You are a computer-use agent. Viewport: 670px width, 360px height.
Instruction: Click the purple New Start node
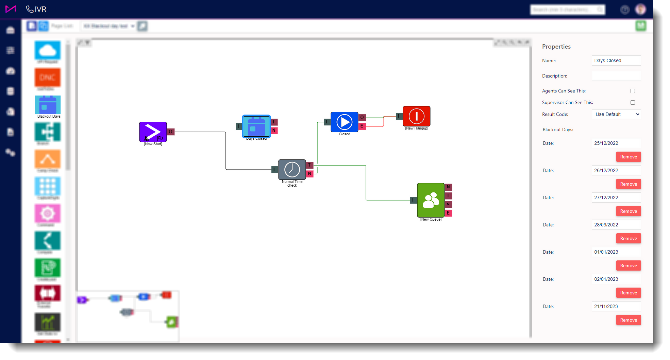(x=153, y=132)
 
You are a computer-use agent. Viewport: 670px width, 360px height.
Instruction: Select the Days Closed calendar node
(x=256, y=126)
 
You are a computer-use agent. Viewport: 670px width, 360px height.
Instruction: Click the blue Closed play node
(x=344, y=122)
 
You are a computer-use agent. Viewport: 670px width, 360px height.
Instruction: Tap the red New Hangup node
(x=416, y=116)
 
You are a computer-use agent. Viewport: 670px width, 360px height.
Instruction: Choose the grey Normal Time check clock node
(x=292, y=169)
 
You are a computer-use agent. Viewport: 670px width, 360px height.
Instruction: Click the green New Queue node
(x=431, y=200)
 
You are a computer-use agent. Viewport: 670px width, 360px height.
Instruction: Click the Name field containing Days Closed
(x=616, y=61)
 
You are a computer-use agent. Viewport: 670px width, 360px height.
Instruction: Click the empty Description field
(x=616, y=76)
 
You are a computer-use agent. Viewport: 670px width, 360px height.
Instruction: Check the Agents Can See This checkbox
(x=633, y=91)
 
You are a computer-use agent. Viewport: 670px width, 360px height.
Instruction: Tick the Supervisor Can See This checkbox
(x=633, y=102)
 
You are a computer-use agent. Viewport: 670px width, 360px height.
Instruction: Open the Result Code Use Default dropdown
(x=616, y=114)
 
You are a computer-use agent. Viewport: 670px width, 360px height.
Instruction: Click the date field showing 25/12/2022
(x=616, y=143)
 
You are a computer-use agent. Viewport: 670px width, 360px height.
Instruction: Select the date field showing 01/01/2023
(x=616, y=252)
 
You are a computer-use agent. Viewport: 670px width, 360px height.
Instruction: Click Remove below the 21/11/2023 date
(x=628, y=320)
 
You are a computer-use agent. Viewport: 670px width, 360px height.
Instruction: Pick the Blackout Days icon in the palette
(x=48, y=105)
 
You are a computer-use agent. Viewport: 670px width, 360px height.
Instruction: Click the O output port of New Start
(x=171, y=132)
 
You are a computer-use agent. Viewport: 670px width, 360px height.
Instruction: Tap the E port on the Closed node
(x=362, y=126)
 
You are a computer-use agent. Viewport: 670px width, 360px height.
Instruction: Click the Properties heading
(x=556, y=47)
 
